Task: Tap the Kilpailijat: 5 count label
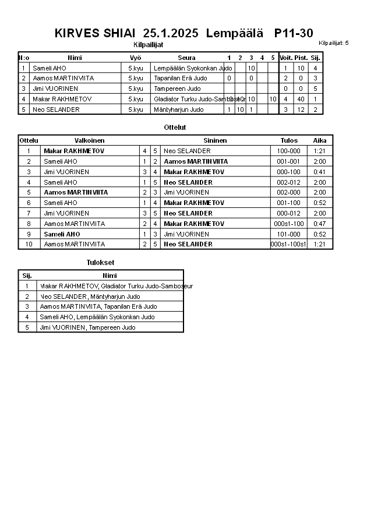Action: (334, 43)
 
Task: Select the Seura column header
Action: (186, 58)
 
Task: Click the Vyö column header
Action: (135, 58)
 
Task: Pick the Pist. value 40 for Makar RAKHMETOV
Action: (301, 99)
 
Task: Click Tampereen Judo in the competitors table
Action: (177, 89)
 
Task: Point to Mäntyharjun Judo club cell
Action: (179, 110)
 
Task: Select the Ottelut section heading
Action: (175, 127)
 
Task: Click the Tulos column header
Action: (288, 140)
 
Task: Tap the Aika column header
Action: (320, 140)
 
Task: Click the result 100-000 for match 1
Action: (288, 151)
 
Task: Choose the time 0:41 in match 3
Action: (320, 172)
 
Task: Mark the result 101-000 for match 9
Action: (288, 234)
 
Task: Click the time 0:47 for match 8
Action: (320, 224)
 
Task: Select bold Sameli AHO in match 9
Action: (61, 234)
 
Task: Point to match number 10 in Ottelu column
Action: (29, 244)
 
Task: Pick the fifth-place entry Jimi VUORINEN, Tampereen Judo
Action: (87, 327)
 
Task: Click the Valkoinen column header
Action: (90, 140)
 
